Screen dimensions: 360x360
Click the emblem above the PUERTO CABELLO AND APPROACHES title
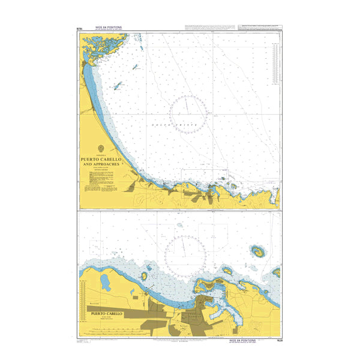pos(101,150)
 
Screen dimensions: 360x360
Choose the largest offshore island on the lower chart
pos(259,251)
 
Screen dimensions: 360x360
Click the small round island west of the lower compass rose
pos(145,276)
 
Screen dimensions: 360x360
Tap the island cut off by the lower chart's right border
pos(277,272)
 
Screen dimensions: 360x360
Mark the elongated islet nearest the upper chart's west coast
pos(118,86)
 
